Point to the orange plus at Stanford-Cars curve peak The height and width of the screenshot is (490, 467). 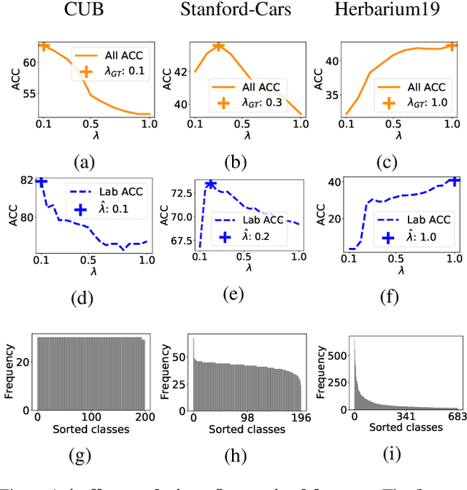[218, 47]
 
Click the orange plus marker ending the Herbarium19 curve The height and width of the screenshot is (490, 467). [451, 46]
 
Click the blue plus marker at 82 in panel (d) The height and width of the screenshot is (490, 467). [42, 182]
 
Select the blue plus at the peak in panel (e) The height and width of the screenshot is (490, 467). [210, 184]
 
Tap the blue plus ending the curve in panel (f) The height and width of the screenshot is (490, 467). [454, 181]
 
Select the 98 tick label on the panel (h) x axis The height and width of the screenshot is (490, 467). [247, 417]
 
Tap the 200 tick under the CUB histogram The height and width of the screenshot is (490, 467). [144, 416]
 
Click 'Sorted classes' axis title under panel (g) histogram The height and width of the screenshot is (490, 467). [90, 428]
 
